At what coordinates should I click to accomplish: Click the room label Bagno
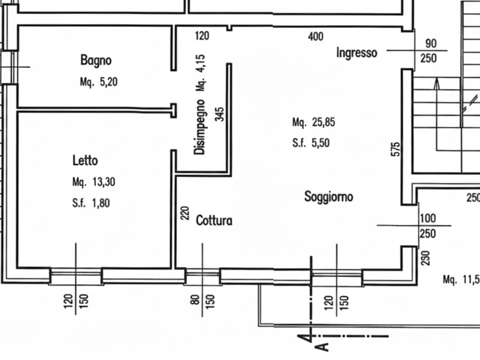pyautogui.click(x=96, y=60)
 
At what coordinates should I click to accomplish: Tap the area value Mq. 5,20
pyautogui.click(x=98, y=83)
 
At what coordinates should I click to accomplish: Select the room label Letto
pyautogui.click(x=85, y=161)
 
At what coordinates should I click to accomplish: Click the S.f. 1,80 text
pyautogui.click(x=91, y=203)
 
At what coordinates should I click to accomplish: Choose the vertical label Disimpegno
pyautogui.click(x=200, y=127)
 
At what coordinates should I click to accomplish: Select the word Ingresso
pyautogui.click(x=356, y=53)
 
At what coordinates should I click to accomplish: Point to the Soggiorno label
pyautogui.click(x=328, y=196)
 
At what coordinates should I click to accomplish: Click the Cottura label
pyautogui.click(x=214, y=221)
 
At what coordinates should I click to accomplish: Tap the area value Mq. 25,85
pyautogui.click(x=313, y=122)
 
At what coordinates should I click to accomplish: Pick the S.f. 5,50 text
pyautogui.click(x=311, y=143)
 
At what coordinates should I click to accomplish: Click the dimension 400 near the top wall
pyautogui.click(x=316, y=37)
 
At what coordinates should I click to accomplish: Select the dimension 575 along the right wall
pyautogui.click(x=395, y=149)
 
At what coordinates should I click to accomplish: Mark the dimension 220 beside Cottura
pyautogui.click(x=185, y=213)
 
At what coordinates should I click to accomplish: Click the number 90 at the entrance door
pyautogui.click(x=430, y=43)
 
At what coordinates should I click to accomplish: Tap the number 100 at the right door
pyautogui.click(x=428, y=218)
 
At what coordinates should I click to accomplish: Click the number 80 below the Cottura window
pyautogui.click(x=195, y=299)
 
